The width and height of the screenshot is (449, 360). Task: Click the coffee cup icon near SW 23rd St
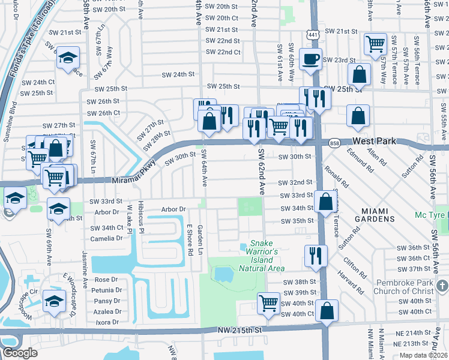(310, 59)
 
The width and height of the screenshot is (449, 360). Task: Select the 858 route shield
(334, 142)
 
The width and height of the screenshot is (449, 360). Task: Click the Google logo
(20, 352)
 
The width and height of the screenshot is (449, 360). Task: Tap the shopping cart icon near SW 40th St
(268, 302)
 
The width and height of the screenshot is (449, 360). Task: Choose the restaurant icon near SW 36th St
(315, 255)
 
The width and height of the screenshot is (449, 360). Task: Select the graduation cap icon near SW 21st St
(68, 58)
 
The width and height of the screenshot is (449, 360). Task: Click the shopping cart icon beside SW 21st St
(375, 43)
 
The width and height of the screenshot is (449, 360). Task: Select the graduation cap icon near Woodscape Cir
(55, 302)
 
